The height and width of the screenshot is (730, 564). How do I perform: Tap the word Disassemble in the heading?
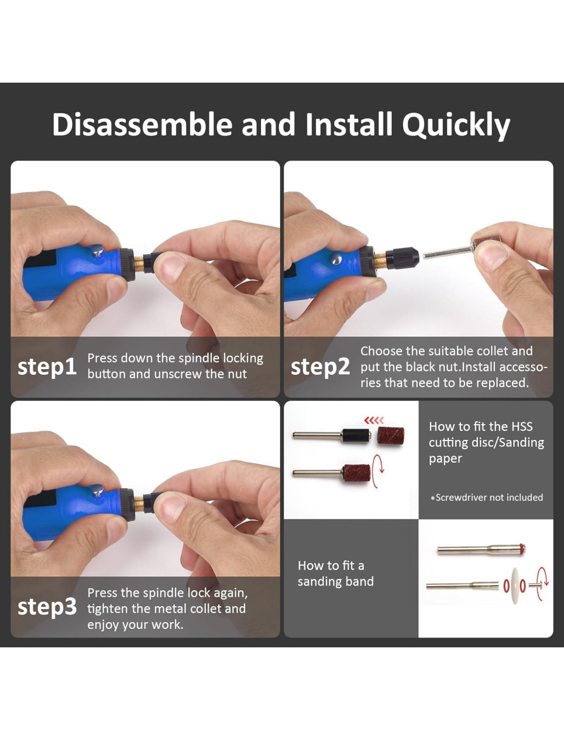[x=142, y=124]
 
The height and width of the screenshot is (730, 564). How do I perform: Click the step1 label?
[x=47, y=368]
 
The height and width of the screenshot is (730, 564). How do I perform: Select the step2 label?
[x=320, y=368]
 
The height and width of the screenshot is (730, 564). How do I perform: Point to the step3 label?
[x=47, y=607]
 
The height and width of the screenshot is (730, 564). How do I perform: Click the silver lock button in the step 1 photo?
[x=97, y=251]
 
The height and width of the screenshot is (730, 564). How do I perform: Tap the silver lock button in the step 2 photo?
[x=336, y=259]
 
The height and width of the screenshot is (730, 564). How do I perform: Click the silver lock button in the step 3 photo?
[x=97, y=491]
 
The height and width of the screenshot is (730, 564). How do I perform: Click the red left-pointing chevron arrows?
[x=374, y=420]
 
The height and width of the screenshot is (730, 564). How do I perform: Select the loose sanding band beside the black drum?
[x=391, y=436]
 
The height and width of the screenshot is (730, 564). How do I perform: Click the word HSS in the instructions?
[x=522, y=427]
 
